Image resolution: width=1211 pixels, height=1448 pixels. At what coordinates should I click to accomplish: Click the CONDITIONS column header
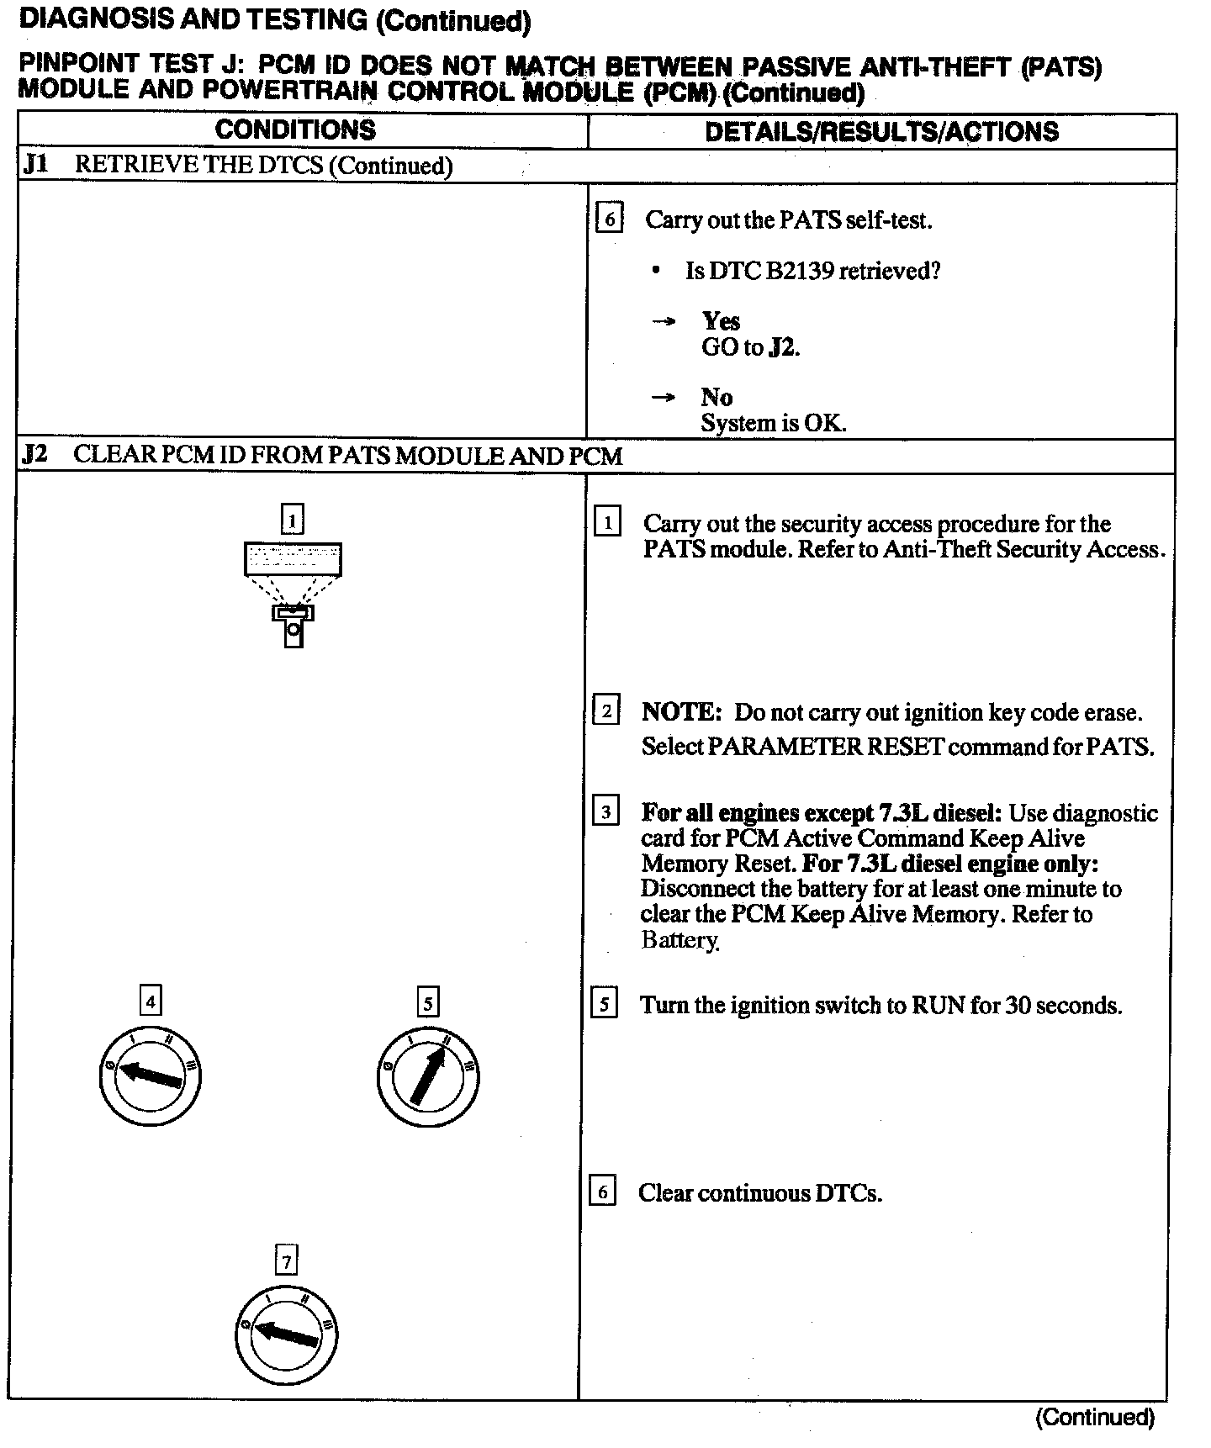tap(295, 130)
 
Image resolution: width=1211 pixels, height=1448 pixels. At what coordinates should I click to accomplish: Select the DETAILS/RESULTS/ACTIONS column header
tap(881, 132)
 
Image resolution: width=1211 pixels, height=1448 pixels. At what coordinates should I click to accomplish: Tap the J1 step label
tap(35, 164)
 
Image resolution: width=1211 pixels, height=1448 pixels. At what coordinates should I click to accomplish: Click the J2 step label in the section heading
tap(35, 455)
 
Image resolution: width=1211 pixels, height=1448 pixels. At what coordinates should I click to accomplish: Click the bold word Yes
tap(721, 321)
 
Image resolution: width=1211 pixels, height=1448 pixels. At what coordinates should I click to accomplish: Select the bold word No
tap(716, 397)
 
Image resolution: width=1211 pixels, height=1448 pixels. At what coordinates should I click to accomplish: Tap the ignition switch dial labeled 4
tap(151, 1076)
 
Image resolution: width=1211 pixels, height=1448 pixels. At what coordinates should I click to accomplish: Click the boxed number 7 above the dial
tap(287, 1261)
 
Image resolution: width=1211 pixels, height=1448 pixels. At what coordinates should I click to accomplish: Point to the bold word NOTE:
tap(682, 713)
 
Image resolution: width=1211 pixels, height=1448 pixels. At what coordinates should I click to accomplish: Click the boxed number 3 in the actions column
tap(605, 813)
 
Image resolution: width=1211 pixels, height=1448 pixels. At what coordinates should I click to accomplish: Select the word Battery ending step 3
tap(680, 940)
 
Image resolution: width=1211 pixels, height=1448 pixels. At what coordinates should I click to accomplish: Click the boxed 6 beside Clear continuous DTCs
tap(602, 1192)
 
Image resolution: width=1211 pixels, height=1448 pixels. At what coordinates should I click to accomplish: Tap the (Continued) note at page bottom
tap(1095, 1418)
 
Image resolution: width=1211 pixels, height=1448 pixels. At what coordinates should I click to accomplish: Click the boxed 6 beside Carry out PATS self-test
tap(609, 219)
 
